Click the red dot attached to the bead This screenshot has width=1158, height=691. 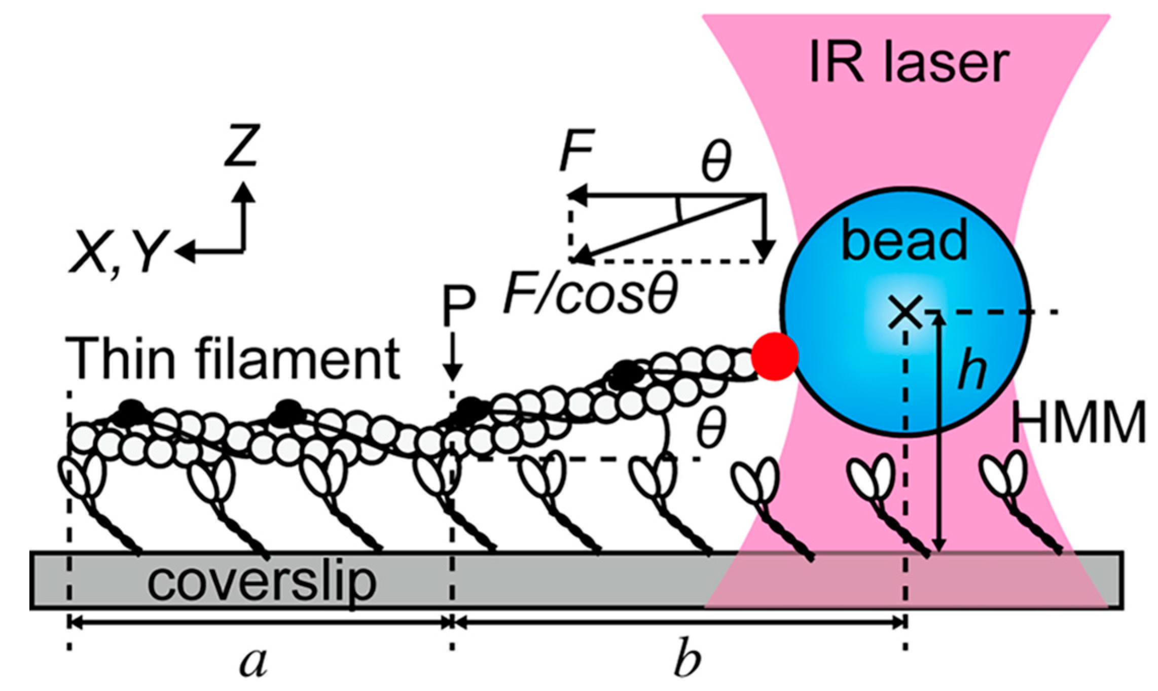(775, 356)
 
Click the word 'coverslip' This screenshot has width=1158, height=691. (262, 581)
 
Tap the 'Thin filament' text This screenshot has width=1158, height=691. (233, 359)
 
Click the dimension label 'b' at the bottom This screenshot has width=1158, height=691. (687, 660)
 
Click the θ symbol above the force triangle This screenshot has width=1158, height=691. (716, 161)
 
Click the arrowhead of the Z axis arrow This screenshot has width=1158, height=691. (245, 191)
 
